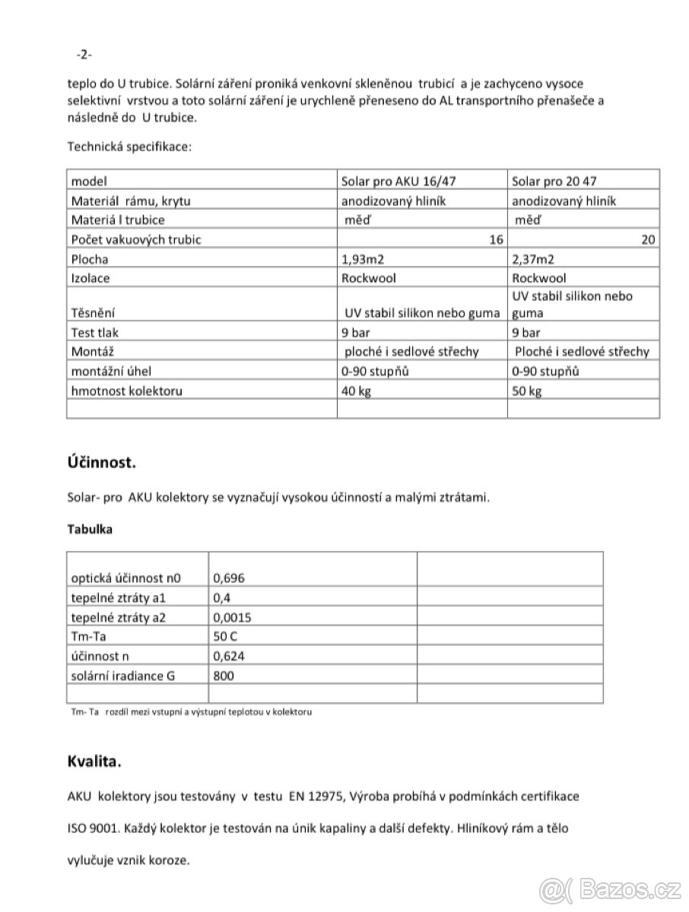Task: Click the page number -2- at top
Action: click(84, 54)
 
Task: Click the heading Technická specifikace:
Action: click(130, 146)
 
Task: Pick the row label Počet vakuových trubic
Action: click(136, 239)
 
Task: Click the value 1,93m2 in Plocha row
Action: click(364, 258)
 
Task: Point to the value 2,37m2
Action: click(535, 258)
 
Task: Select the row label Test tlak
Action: click(95, 332)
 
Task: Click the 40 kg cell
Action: click(357, 391)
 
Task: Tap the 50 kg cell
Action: click(527, 391)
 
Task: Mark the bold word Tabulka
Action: click(90, 530)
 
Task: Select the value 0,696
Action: click(230, 578)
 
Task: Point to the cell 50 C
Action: click(227, 636)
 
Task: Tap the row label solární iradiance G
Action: click(122, 675)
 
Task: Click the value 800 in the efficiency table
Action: click(224, 675)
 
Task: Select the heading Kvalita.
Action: click(94, 760)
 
